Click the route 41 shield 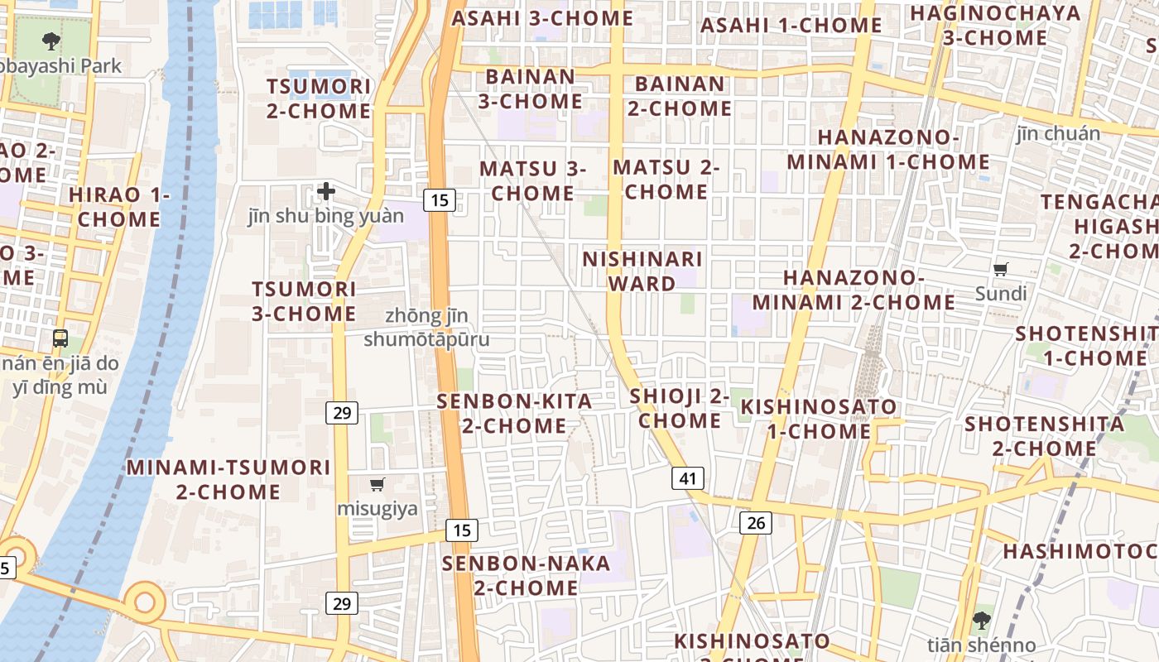click(x=688, y=478)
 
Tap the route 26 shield click(x=756, y=522)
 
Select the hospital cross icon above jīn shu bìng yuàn click(x=326, y=192)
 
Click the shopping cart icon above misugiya click(x=378, y=484)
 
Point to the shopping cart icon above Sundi click(x=1001, y=269)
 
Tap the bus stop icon click(x=60, y=338)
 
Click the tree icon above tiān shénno click(x=981, y=620)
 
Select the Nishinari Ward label click(x=642, y=271)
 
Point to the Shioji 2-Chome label click(x=680, y=408)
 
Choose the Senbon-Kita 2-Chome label click(x=514, y=414)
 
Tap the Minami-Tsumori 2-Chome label click(x=228, y=479)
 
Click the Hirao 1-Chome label click(x=119, y=207)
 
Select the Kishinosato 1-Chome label click(x=818, y=419)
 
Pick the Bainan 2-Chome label click(x=680, y=96)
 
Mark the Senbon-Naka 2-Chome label click(x=526, y=575)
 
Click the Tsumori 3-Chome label click(x=304, y=301)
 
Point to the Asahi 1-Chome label click(x=791, y=26)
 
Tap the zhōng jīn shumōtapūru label click(x=426, y=328)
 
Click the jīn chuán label click(x=1058, y=134)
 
